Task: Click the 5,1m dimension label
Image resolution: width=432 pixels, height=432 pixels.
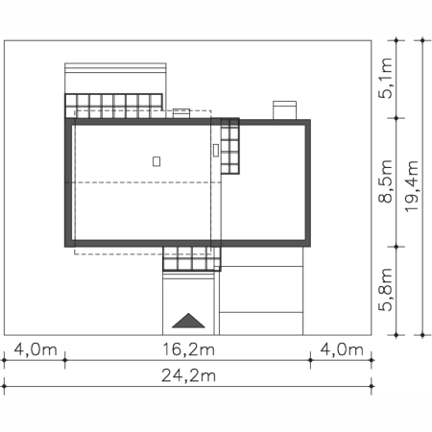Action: pos(385,78)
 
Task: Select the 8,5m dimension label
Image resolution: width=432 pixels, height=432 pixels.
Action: pos(385,181)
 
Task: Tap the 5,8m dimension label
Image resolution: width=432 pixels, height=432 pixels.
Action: pos(385,290)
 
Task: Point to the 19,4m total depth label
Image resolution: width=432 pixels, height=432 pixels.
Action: pos(412,185)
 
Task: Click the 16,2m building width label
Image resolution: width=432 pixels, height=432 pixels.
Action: pos(188,349)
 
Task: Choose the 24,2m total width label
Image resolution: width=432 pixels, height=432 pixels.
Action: pos(188,375)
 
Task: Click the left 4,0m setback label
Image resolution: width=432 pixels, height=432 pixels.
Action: pos(36,349)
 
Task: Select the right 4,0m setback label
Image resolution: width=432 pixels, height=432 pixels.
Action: pos(342,349)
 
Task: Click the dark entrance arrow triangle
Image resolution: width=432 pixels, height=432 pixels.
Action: pos(188,321)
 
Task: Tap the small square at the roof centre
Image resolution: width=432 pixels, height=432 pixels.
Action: pos(156,161)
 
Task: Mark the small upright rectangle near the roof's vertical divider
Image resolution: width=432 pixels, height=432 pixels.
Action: pos(216,150)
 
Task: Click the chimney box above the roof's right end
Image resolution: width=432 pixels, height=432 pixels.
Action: pos(284,110)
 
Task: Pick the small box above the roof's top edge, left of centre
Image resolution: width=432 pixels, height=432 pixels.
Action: pos(181,113)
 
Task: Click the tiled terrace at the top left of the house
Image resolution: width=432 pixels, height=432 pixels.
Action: pos(113,106)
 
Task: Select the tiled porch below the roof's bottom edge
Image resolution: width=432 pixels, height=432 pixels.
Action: pos(192,258)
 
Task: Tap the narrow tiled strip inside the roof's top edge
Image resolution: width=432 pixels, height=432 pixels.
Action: pos(230,146)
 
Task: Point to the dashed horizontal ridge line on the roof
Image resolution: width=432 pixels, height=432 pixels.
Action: pos(143,182)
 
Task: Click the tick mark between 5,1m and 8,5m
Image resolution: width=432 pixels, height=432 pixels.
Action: pos(396,118)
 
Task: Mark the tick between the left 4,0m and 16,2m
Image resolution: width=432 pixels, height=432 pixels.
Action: pos(65,360)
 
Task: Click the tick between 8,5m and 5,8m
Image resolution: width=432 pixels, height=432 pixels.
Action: pos(396,247)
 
